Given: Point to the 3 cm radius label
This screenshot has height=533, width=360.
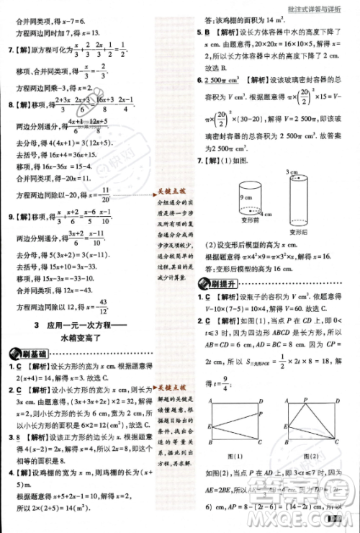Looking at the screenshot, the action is pyautogui.click(x=292, y=172).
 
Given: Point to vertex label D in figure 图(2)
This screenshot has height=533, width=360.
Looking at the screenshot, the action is pyautogui.click(x=338, y=399).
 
